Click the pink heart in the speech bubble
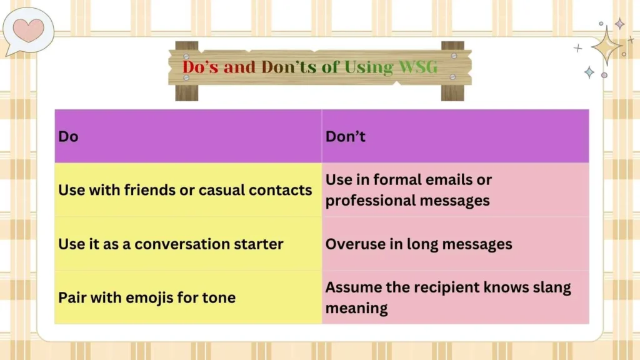29,29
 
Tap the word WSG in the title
417,67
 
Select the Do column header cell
188,136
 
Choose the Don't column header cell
455,136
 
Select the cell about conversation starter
188,244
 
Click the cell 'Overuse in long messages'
455,244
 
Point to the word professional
364,201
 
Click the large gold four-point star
606,46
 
